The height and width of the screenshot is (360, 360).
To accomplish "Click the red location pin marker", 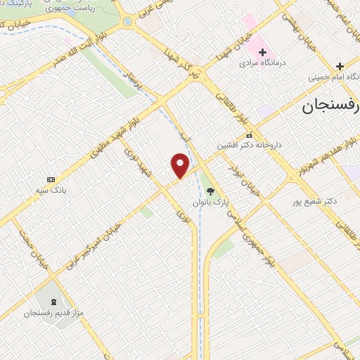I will [181, 165].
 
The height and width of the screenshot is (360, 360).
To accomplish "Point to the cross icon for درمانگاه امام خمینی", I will [339, 65].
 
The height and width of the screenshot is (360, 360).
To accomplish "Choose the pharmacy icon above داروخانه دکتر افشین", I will [248, 135].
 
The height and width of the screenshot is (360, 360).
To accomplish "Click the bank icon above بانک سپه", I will [50, 179].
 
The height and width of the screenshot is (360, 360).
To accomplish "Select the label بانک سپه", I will [50, 190].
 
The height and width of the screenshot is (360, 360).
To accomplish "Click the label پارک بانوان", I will [212, 202].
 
